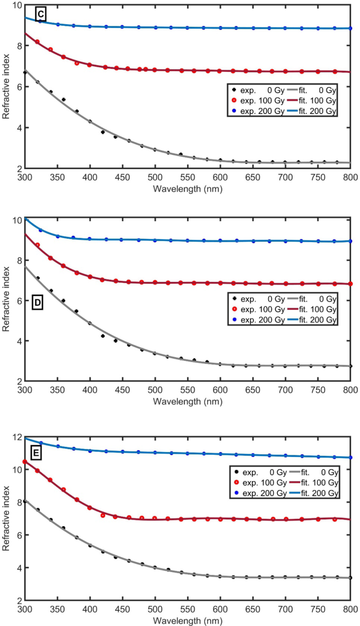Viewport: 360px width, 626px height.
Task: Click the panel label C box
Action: pos(39,15)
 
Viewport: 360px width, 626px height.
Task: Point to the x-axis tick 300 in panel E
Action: pos(24,609)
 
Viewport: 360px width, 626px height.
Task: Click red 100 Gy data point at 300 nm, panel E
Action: pos(24,462)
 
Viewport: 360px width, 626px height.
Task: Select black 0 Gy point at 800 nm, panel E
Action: pos(351,578)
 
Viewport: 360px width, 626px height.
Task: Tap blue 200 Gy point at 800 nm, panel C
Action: pos(351,28)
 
